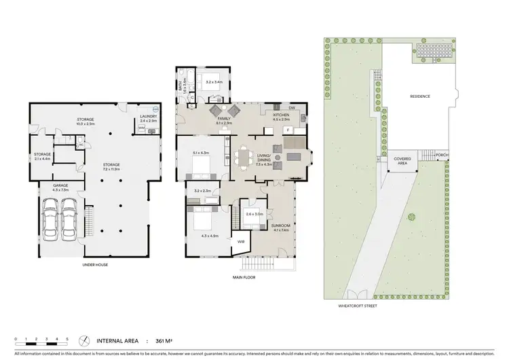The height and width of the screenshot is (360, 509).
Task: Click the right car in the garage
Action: [x=68, y=221]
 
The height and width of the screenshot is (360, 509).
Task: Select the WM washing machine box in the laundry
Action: [x=141, y=130]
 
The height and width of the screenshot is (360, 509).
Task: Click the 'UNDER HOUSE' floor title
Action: [x=96, y=264]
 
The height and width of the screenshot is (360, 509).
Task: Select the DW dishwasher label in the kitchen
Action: [x=291, y=108]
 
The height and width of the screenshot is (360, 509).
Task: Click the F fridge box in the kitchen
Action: [x=288, y=128]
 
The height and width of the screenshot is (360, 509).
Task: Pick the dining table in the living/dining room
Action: [x=244, y=158]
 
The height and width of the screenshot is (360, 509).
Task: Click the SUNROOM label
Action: [x=280, y=226]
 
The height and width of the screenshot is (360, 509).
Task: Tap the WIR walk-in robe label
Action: [x=241, y=241]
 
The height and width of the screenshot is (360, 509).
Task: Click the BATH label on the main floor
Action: [x=181, y=84]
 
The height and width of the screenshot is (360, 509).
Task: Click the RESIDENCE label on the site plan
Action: [x=419, y=96]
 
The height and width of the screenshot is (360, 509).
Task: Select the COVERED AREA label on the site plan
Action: [x=402, y=160]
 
